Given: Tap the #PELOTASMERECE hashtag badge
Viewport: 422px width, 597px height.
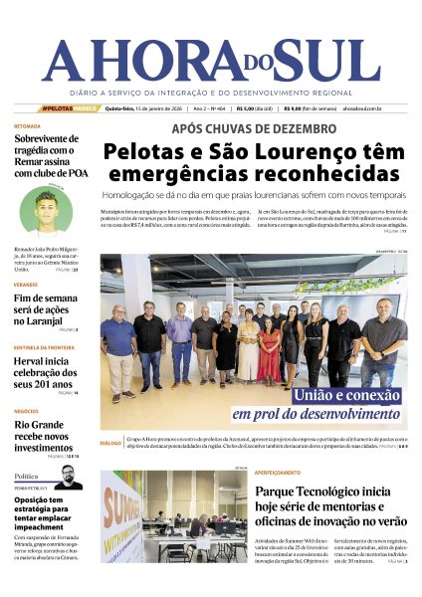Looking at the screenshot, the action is pyautogui.click(x=71, y=108).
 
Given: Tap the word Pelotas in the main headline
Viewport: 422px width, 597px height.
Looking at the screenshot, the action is pyautogui.click(x=150, y=153).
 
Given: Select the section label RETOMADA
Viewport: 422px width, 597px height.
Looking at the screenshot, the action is pyautogui.click(x=27, y=126).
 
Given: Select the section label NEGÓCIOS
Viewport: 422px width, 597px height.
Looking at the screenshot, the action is pyautogui.click(x=27, y=410).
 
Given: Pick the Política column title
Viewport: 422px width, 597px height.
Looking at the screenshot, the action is pyautogui.click(x=27, y=476).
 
